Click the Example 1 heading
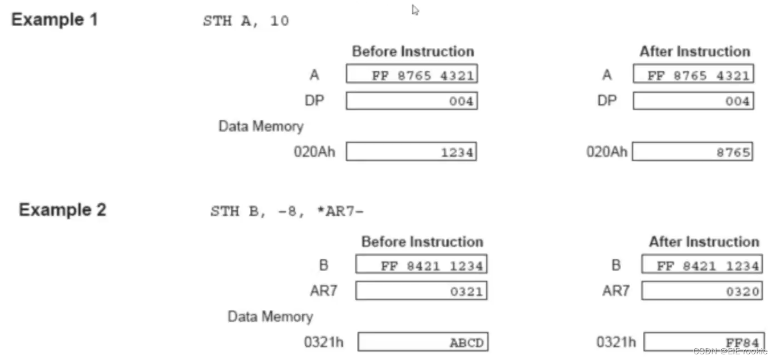tap(55, 20)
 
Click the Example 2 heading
tap(63, 210)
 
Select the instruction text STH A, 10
tap(246, 22)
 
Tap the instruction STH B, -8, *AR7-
tap(287, 212)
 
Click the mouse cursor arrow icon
tap(416, 10)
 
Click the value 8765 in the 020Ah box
tap(734, 152)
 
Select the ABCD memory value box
tap(423, 342)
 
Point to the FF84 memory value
tap(742, 342)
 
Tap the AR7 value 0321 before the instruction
tap(467, 292)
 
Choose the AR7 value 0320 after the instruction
tap(742, 292)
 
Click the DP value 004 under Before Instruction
tap(461, 101)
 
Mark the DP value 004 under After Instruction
tap(737, 101)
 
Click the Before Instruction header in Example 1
tap(413, 52)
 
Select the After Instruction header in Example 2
tap(704, 242)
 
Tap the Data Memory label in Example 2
tap(270, 317)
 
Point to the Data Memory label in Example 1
tap(261, 126)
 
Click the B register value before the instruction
tap(432, 265)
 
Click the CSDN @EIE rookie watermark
tap(730, 351)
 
